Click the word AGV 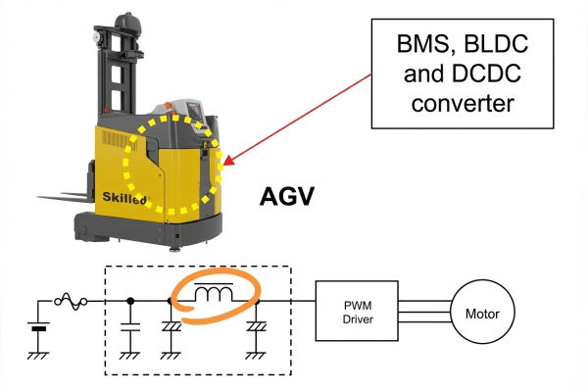click(285, 197)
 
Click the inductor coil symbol click(215, 292)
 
